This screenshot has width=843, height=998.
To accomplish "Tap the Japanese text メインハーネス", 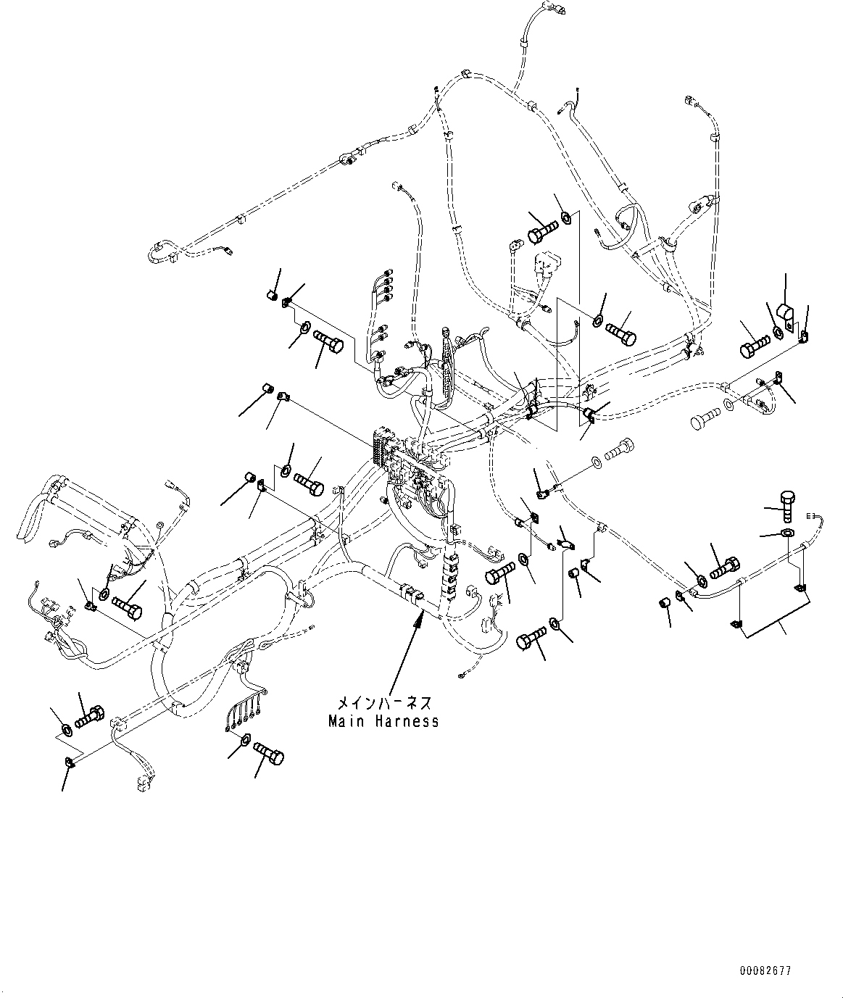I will point(383,703).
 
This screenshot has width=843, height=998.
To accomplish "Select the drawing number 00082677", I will point(765,970).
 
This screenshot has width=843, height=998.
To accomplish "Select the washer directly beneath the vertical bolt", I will point(787,533).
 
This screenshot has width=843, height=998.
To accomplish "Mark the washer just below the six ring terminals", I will point(244,740).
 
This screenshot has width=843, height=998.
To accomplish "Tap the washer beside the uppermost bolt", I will point(567,216).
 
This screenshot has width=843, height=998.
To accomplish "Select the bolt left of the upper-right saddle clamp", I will point(753,345).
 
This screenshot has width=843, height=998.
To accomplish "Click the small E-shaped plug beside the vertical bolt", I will point(810,516).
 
